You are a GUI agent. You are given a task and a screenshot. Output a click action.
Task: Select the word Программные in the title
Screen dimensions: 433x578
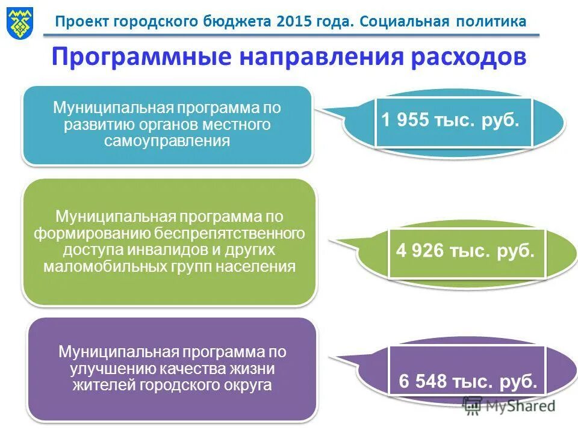[x=142, y=57]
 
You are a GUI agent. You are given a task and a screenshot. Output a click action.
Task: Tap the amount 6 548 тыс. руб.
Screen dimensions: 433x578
[x=468, y=381]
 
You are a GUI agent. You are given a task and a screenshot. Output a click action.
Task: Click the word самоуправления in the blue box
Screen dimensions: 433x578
[x=167, y=141]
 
